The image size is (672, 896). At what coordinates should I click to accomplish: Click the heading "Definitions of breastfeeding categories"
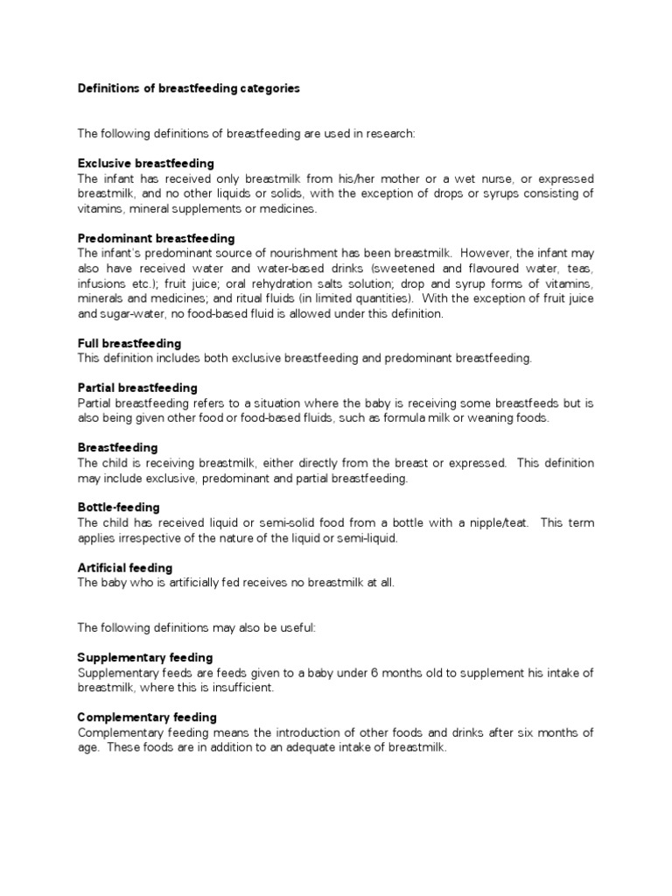[x=189, y=88]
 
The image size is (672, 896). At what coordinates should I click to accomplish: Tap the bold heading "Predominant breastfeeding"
[x=156, y=238]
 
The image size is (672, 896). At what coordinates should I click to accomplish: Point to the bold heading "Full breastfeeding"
[x=129, y=343]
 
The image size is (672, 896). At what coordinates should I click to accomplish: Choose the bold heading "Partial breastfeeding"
[x=137, y=388]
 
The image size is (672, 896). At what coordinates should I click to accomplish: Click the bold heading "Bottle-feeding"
[x=118, y=507]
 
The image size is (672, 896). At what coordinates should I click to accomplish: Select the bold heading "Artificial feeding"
[x=125, y=568]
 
